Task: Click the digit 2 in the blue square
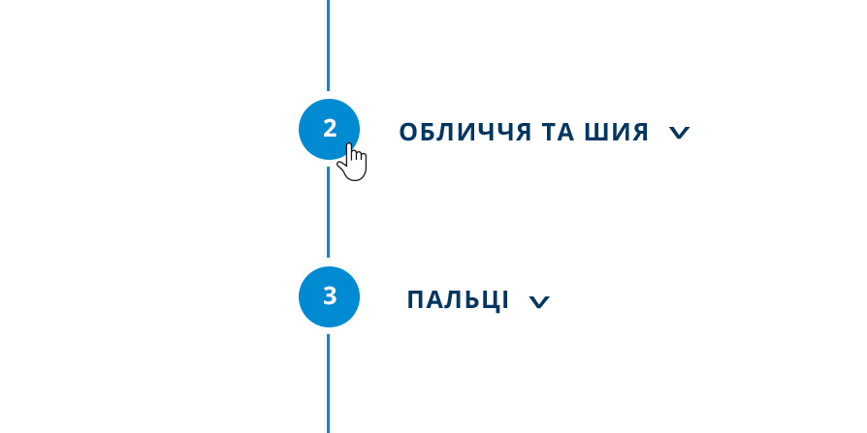(x=330, y=128)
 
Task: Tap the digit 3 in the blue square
(x=330, y=295)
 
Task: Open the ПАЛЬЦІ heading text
(x=458, y=300)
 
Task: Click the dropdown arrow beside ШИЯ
(x=679, y=133)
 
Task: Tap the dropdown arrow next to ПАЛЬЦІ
(x=539, y=302)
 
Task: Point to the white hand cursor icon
(x=353, y=163)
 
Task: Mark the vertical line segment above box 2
(x=329, y=46)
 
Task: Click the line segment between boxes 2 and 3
(x=329, y=212)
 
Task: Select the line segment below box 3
(x=329, y=382)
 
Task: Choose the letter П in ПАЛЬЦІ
(x=416, y=300)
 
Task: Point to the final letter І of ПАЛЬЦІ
(x=505, y=300)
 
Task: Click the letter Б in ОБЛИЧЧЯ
(x=427, y=133)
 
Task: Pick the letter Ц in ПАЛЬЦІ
(x=490, y=300)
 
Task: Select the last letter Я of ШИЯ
(x=638, y=133)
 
